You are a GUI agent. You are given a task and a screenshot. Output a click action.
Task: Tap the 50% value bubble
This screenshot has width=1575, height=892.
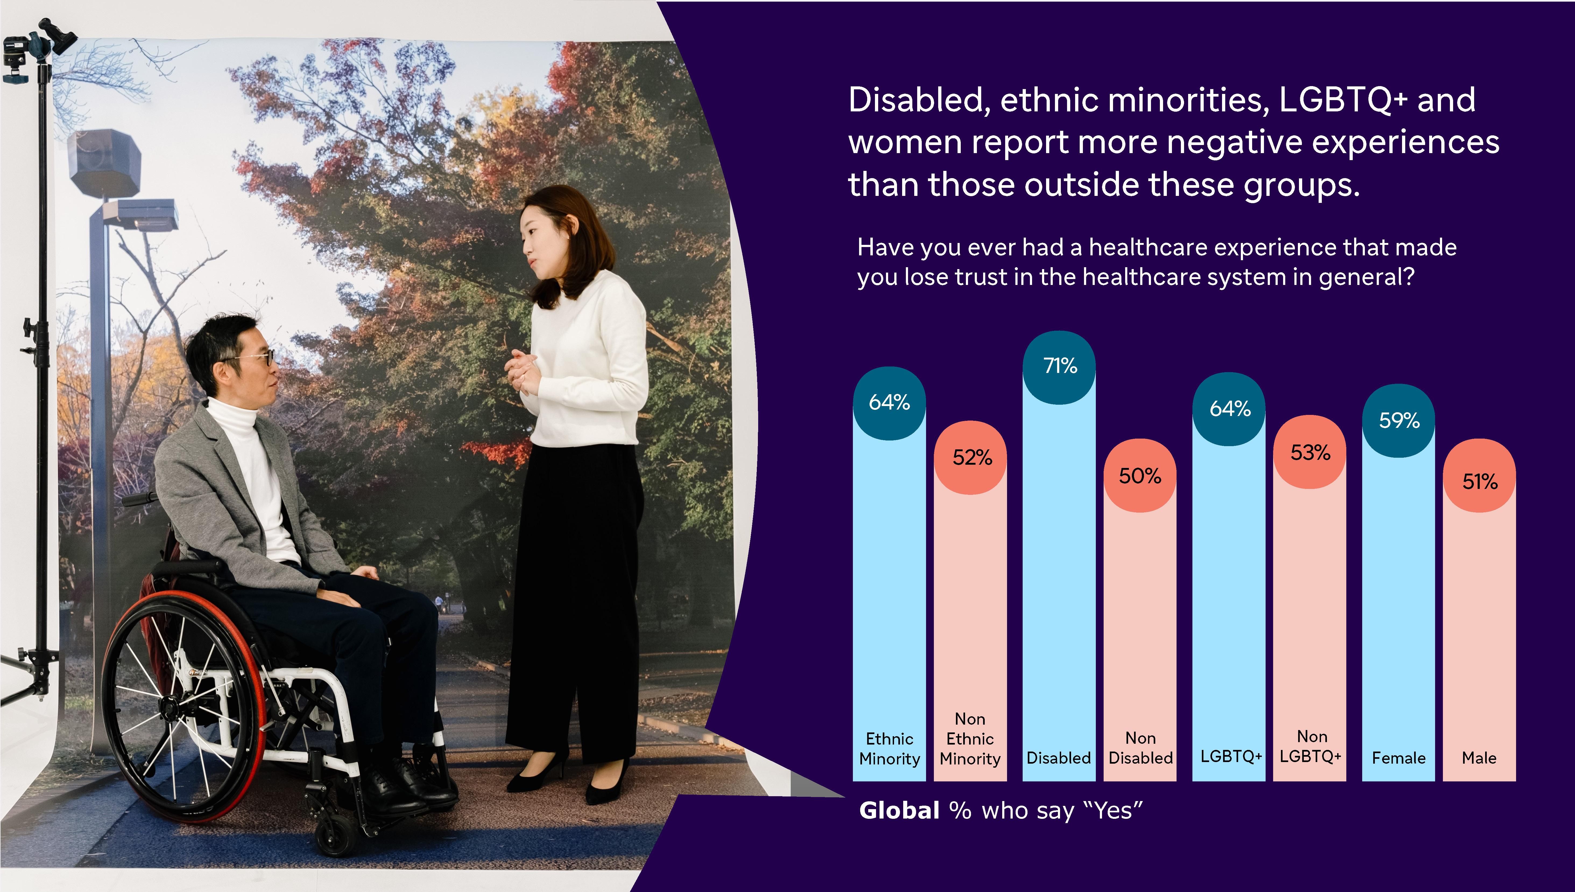[1140, 475]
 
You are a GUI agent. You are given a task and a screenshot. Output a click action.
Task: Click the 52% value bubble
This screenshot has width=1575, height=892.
[971, 457]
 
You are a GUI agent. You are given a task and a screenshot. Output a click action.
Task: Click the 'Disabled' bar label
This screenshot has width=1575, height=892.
[1059, 758]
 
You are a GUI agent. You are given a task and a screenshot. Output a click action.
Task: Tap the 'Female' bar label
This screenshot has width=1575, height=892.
[1399, 758]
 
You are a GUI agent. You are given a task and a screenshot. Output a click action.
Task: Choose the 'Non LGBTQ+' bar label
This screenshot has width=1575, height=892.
[1311, 746]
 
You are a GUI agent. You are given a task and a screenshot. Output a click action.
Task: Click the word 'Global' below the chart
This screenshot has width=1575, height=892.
[899, 810]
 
